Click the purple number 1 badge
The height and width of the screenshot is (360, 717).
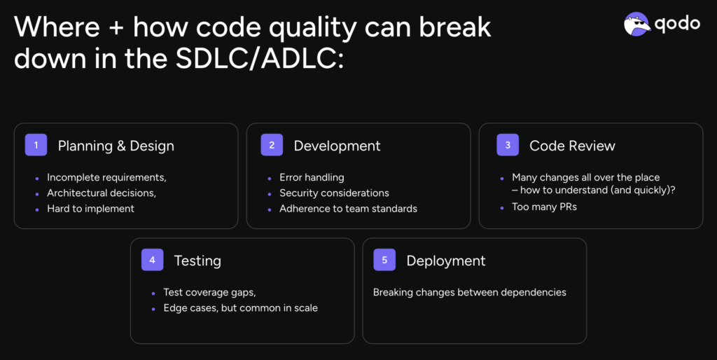click(x=36, y=145)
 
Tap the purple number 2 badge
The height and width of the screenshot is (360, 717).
click(x=272, y=145)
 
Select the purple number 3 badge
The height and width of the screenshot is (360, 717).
click(x=508, y=145)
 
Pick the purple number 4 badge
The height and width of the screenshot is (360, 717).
click(x=152, y=260)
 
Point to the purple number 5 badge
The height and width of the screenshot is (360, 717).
click(x=384, y=260)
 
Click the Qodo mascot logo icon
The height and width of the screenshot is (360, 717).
click(x=637, y=24)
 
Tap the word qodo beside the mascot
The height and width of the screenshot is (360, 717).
click(x=677, y=24)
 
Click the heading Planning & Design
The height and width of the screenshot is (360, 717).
click(x=116, y=146)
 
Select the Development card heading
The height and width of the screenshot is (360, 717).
click(x=337, y=146)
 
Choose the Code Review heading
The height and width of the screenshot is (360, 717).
click(x=572, y=146)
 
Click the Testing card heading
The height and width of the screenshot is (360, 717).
click(x=197, y=261)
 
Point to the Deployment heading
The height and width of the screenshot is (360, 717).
click(x=446, y=261)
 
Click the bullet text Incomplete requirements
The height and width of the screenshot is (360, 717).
click(x=106, y=177)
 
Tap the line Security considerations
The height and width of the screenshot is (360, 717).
click(x=334, y=193)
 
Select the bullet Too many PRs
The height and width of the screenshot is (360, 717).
click(x=544, y=207)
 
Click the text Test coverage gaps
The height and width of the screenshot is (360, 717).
click(x=209, y=292)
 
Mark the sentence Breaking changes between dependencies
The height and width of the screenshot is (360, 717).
click(x=470, y=292)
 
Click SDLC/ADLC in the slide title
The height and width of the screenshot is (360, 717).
click(x=259, y=59)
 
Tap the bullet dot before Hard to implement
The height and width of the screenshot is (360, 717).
click(x=37, y=209)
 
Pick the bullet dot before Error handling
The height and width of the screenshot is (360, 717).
click(x=270, y=179)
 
